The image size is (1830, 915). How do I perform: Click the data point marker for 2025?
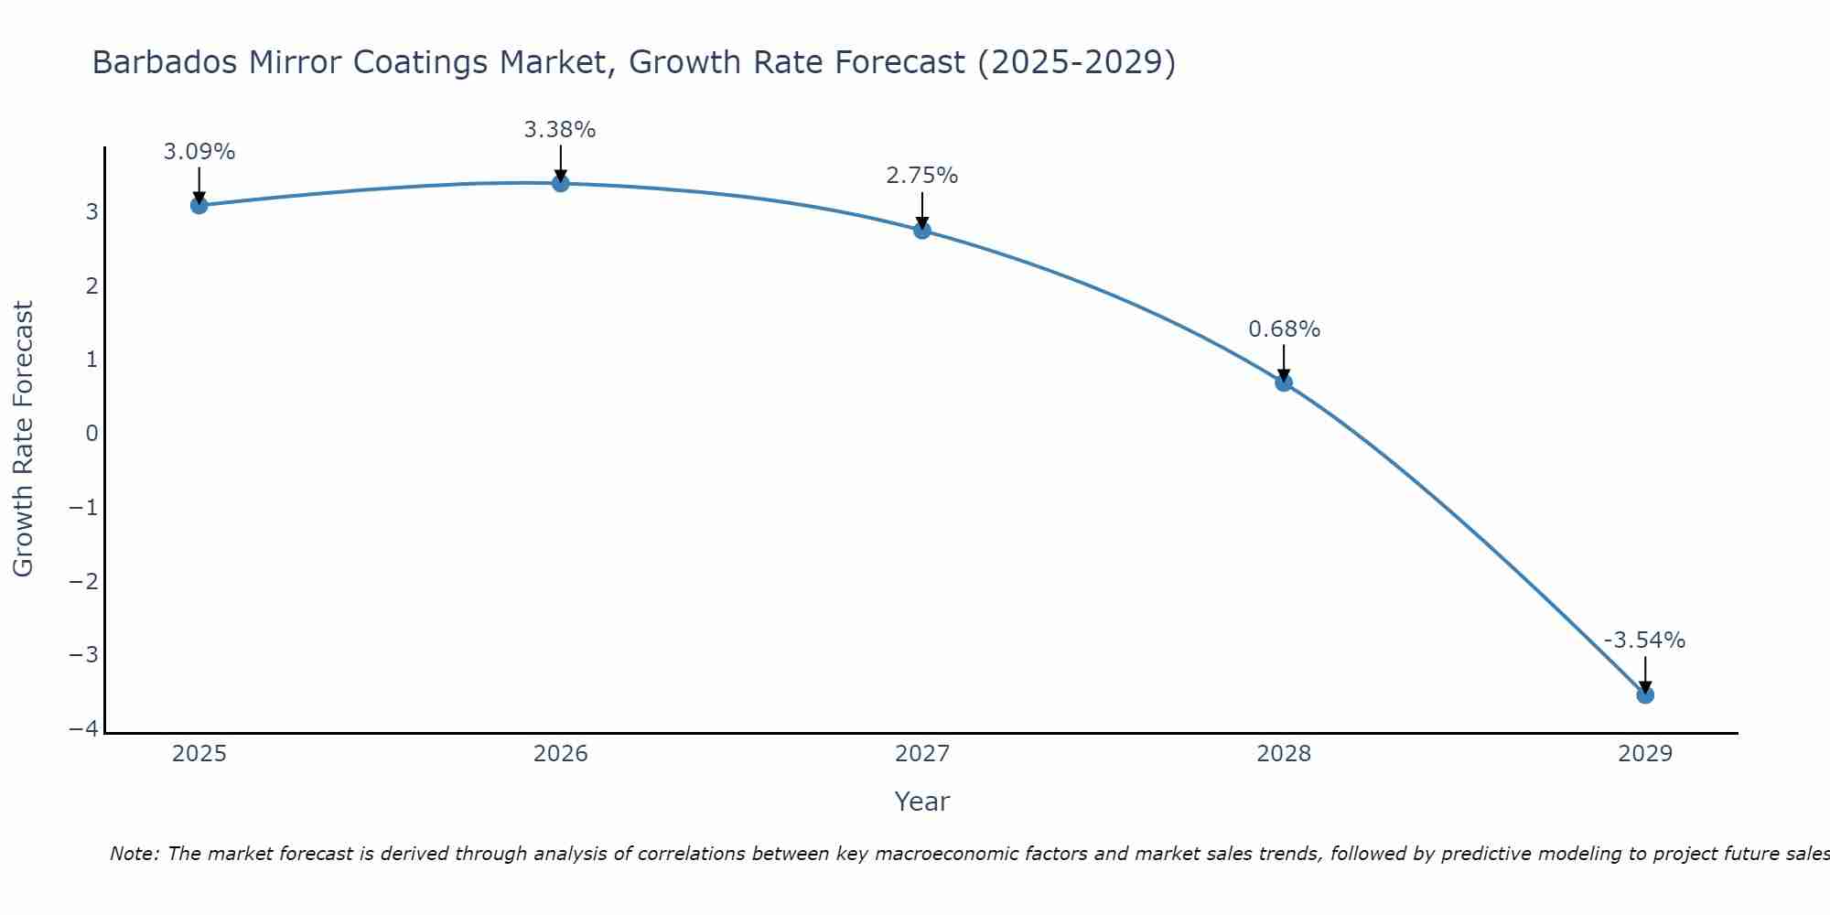tap(199, 205)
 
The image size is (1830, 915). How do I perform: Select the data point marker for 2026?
tap(561, 183)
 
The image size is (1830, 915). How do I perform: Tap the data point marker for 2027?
tap(922, 231)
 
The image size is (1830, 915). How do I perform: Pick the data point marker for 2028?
tap(1284, 382)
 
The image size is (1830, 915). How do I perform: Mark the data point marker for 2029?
tap(1645, 694)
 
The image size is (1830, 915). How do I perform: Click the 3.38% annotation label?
tap(560, 130)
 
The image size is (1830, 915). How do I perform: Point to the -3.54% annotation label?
tap(1644, 640)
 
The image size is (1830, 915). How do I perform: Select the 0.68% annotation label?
tap(1284, 329)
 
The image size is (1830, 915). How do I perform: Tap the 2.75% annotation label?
tap(921, 176)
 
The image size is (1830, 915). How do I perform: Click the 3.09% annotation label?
tap(199, 152)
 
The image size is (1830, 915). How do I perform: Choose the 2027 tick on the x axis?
tap(922, 754)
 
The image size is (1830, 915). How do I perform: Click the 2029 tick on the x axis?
tap(1645, 754)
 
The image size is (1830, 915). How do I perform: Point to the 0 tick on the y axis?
tap(91, 433)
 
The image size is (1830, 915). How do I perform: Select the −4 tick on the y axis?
tap(84, 728)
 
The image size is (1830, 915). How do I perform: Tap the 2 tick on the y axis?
tap(91, 285)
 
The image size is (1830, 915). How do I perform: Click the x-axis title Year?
tap(921, 802)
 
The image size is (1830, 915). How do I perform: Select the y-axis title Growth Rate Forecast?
tap(23, 438)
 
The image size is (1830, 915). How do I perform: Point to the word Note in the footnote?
tap(135, 854)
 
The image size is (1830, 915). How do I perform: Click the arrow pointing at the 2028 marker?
tap(1284, 363)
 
